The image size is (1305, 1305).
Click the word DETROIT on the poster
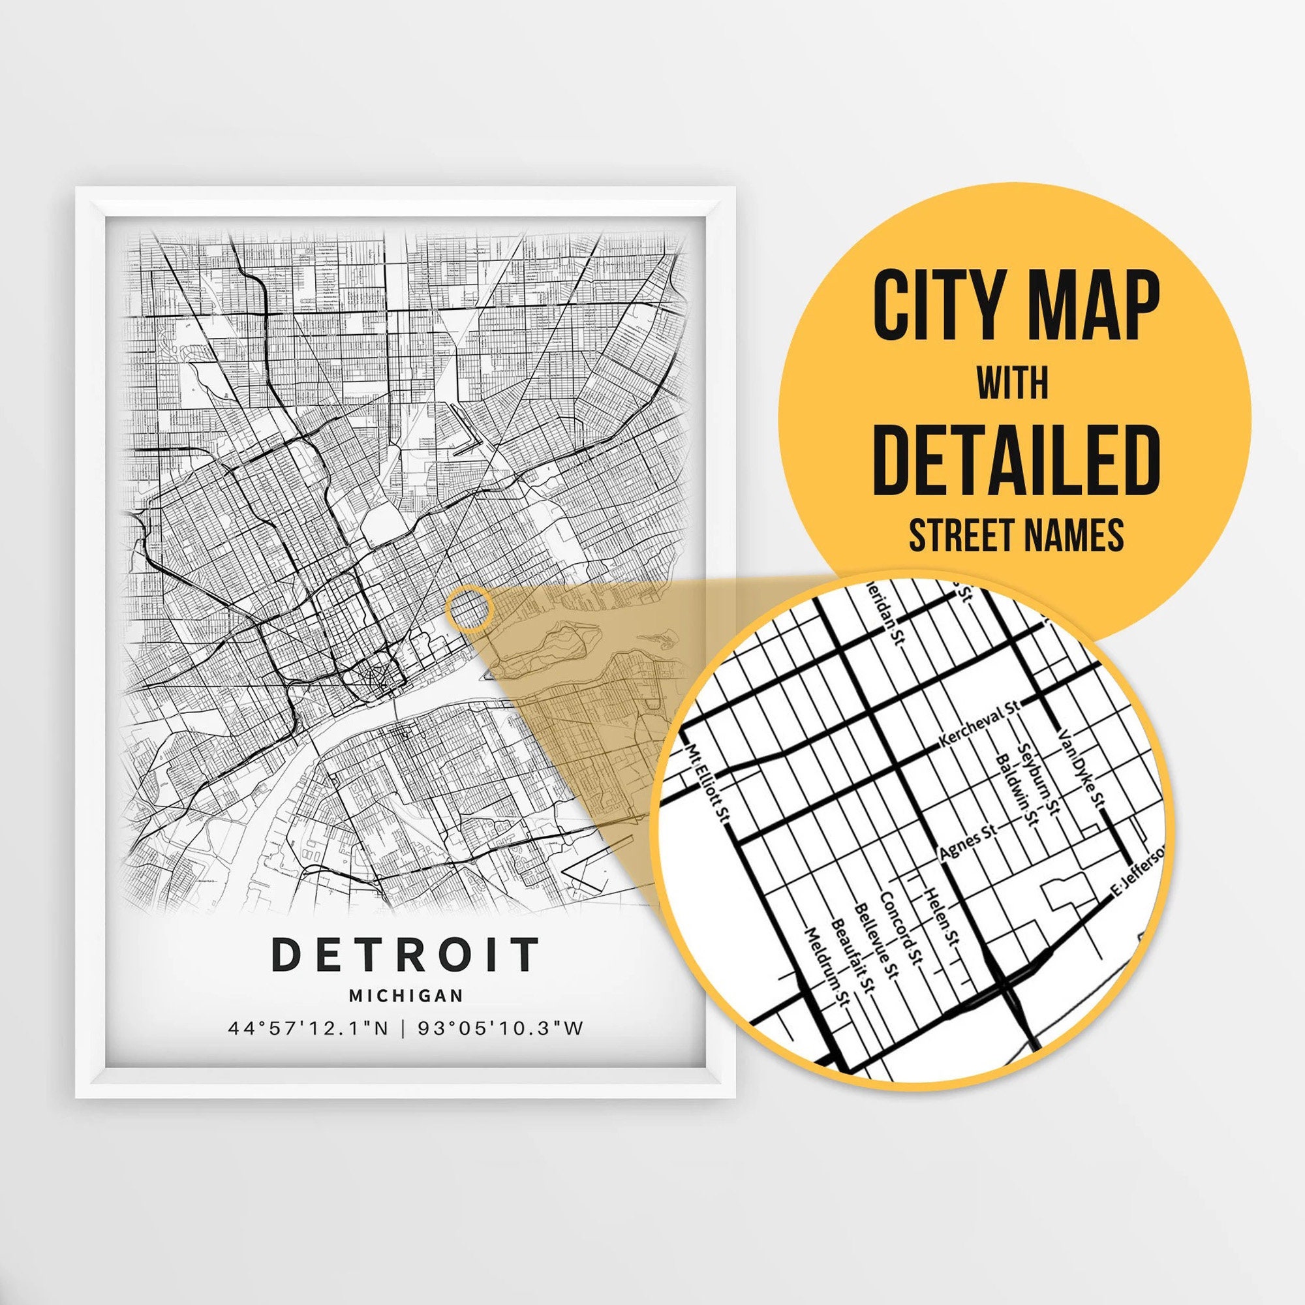pyautogui.click(x=405, y=955)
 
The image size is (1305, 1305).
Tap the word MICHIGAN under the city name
pyautogui.click(x=406, y=995)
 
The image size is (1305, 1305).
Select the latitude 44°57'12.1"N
pyautogui.click(x=308, y=1029)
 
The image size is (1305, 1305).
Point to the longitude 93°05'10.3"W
pyautogui.click(x=500, y=1029)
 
